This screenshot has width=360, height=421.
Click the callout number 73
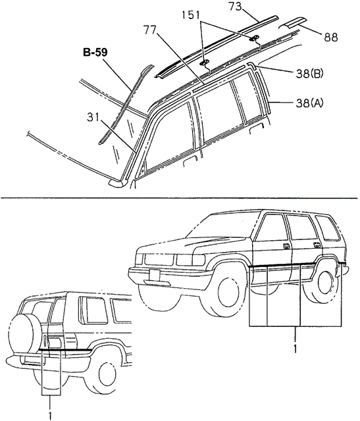(x=236, y=6)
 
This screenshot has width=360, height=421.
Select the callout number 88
(x=331, y=37)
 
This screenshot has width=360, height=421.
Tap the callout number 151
(x=190, y=15)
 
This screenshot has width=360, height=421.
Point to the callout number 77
(x=150, y=30)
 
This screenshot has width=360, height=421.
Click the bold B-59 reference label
(x=95, y=53)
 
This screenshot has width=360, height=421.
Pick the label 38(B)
(x=309, y=74)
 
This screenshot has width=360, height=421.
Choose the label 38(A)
(x=309, y=103)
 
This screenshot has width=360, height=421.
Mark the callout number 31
(x=93, y=117)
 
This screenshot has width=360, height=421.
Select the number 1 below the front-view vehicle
(x=296, y=349)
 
